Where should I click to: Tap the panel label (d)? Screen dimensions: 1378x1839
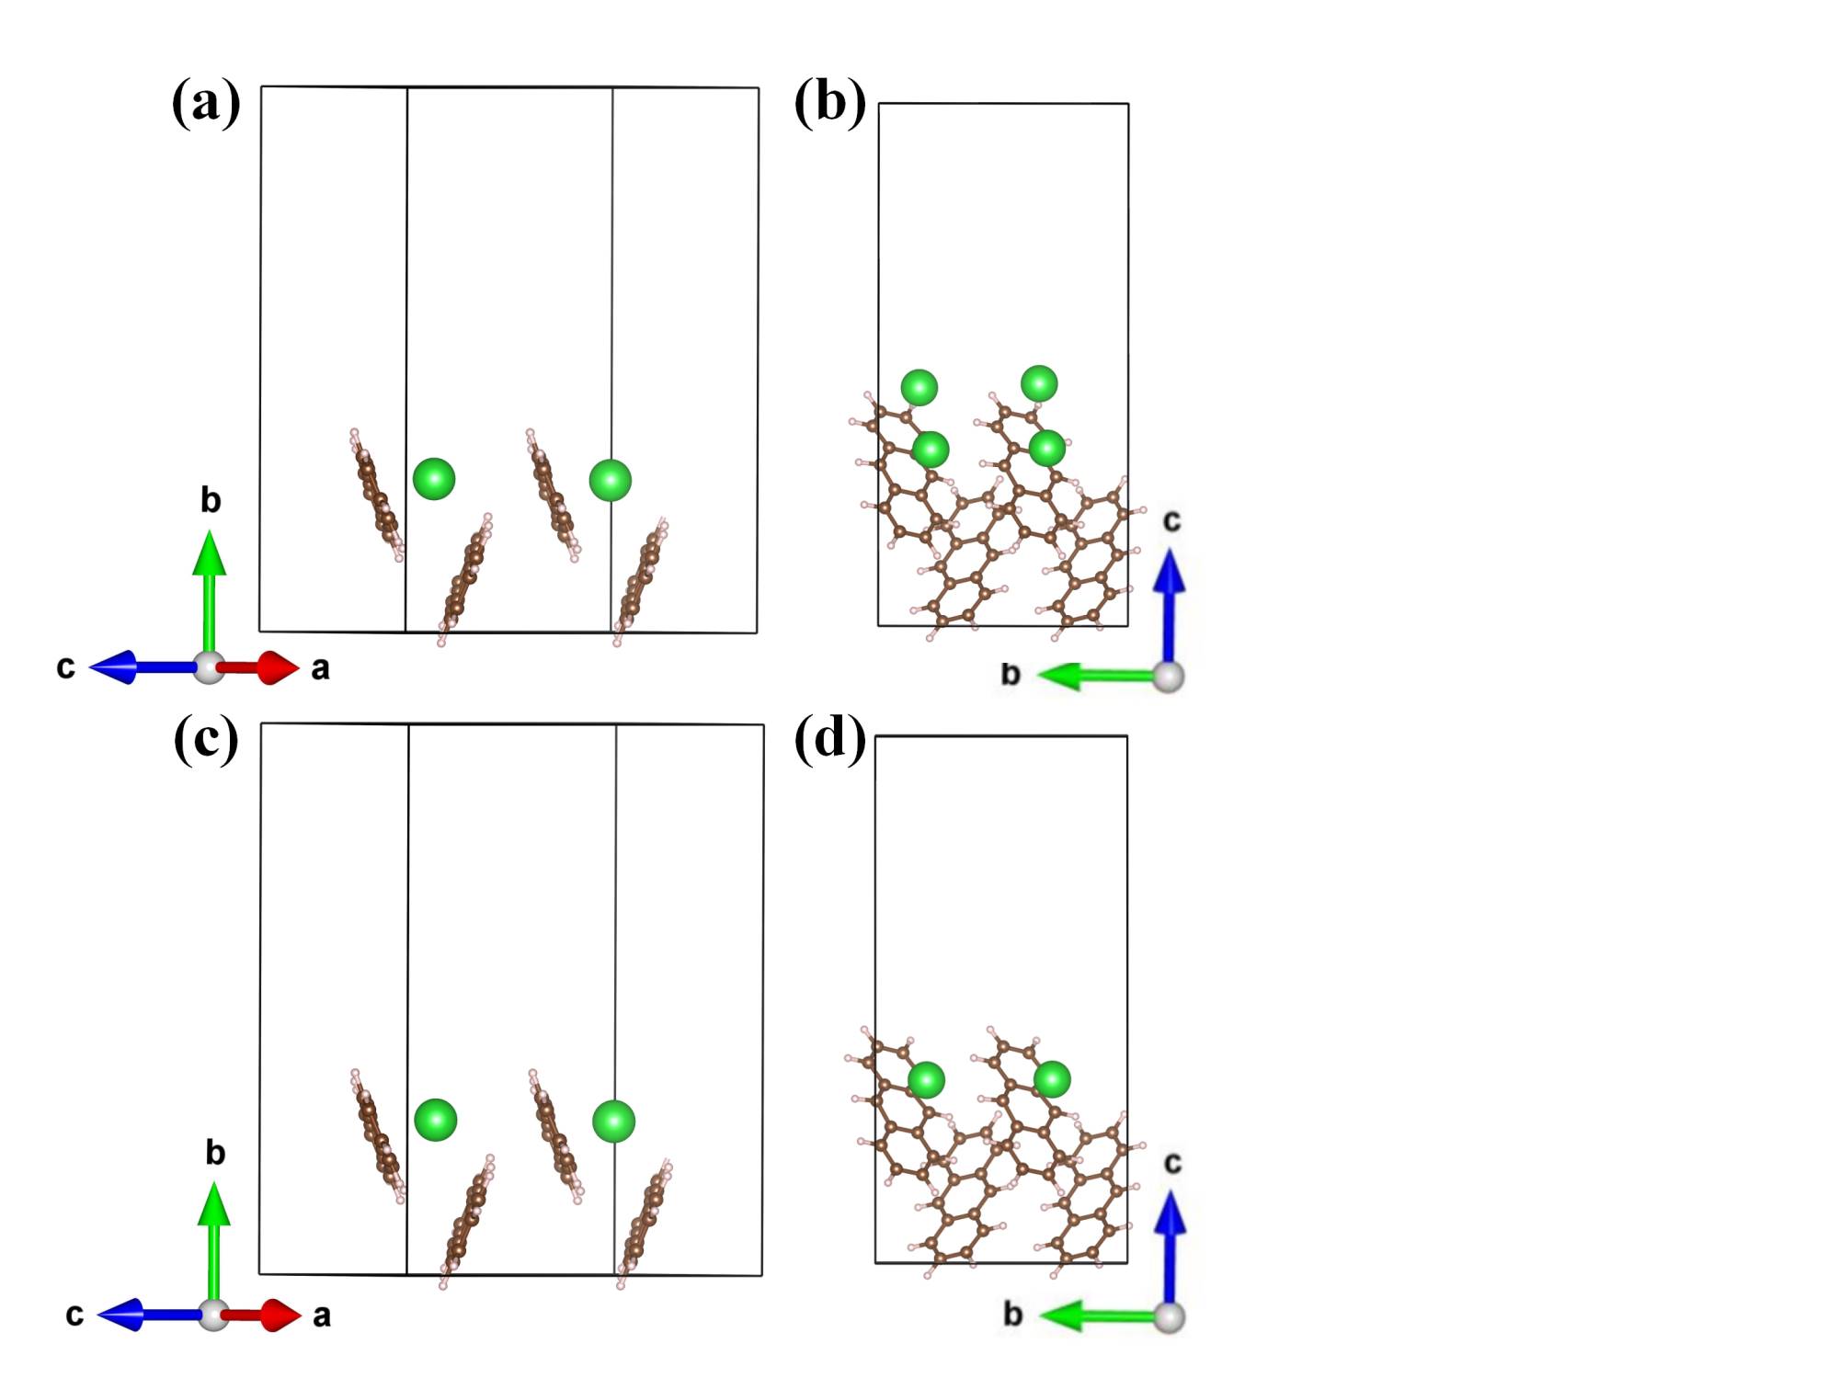coord(829,738)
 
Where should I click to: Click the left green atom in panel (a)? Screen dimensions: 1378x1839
coord(434,479)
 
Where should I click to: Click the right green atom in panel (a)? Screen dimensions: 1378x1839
coord(611,480)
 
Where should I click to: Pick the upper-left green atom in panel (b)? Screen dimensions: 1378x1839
coord(919,388)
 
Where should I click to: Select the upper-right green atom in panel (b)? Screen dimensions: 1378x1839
coord(1039,382)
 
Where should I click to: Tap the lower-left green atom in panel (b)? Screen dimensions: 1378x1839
coord(931,450)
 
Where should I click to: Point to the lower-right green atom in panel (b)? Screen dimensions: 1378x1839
coord(1047,448)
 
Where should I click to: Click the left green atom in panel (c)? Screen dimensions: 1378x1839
coord(435,1120)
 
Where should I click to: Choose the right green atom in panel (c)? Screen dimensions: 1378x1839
coord(613,1122)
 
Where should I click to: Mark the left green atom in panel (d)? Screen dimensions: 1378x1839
coord(926,1080)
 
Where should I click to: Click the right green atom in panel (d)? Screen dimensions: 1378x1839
coord(1052,1079)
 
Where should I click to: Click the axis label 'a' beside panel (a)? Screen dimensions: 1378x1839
coord(320,668)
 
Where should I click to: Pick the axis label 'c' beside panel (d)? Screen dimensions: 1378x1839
coord(1172,1164)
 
